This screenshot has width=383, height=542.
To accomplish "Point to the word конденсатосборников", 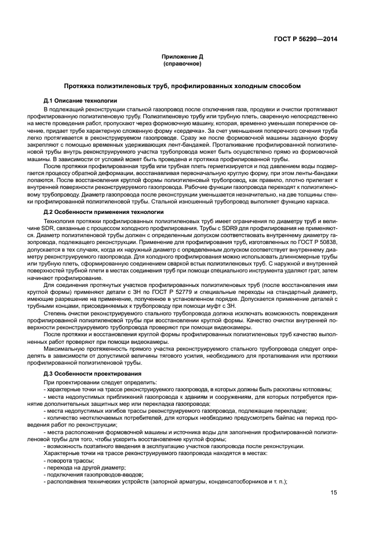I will [x=233, y=481].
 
